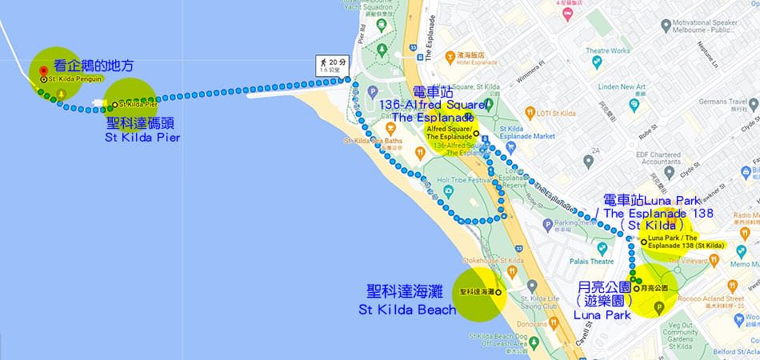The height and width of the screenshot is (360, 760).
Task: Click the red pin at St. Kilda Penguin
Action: pos(43,72)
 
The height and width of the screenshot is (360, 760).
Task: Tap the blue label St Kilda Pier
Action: pos(142,138)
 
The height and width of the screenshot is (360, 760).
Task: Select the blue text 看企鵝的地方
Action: pos(94,66)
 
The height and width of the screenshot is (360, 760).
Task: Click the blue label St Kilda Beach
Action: pos(407,309)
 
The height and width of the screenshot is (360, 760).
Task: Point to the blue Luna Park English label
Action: pos(602,314)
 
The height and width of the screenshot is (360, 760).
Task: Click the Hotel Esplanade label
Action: pos(478,63)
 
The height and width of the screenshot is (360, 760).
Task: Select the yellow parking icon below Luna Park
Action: pos(659,307)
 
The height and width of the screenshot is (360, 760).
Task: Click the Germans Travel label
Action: pos(726,102)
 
